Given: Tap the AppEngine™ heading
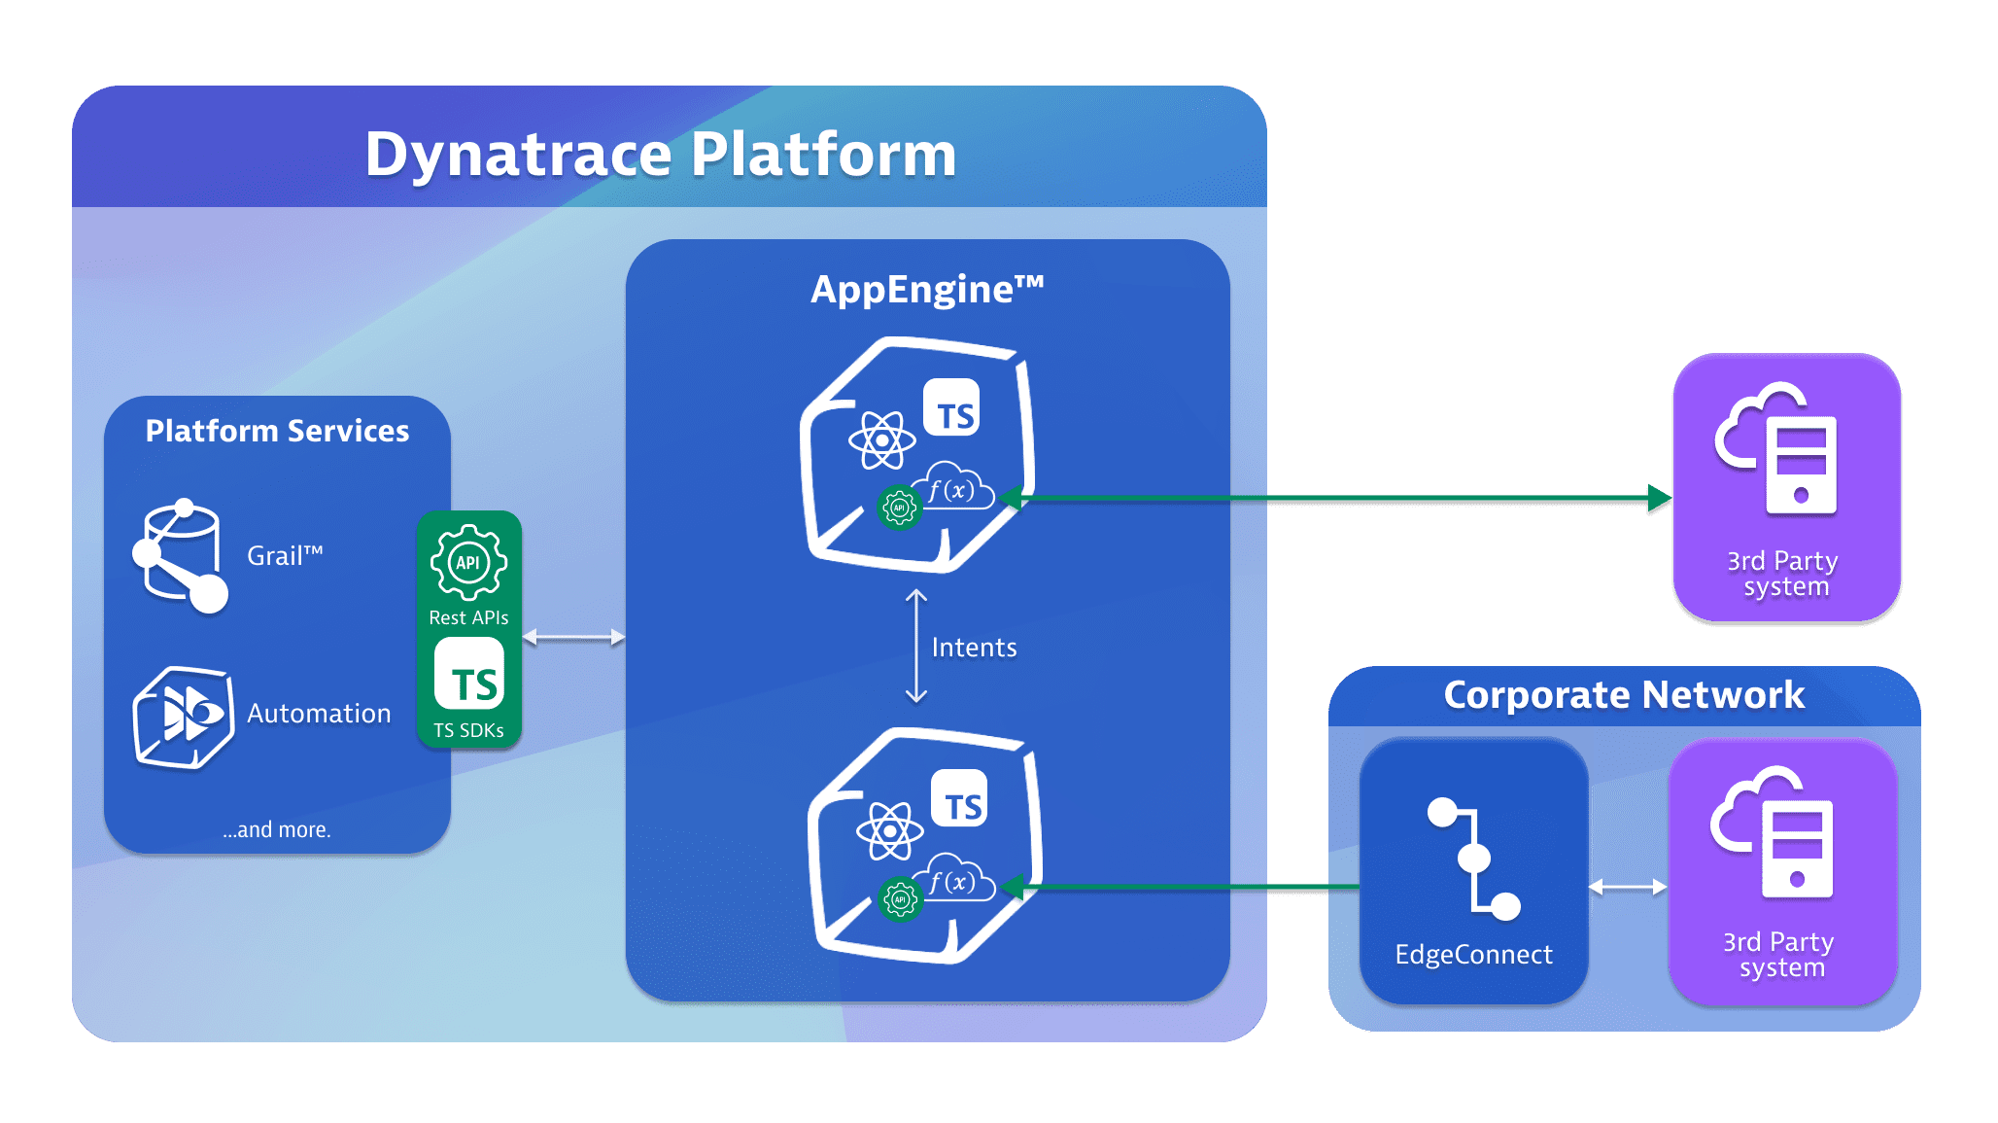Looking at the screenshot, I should pos(927,290).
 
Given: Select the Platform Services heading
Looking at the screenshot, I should pos(277,431).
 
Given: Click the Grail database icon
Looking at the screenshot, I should pos(181,556).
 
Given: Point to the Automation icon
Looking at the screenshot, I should pos(183,718).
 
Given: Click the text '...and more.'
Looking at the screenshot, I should pos(277,829).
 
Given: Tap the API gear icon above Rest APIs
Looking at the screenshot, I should pos(468,562).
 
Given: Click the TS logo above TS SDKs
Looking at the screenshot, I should pos(469,675).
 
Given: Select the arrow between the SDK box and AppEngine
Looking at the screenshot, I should pos(573,638).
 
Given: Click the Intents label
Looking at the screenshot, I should pos(974,648).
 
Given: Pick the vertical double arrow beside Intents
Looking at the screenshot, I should pos(916,646).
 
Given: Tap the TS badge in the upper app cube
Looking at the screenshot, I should pos(951,408).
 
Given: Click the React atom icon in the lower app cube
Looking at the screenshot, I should pos(889,831).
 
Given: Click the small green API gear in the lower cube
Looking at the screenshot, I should pos(900,899).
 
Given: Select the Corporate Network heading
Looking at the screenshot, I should pos(1624,695).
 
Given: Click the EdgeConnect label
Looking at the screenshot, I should pos(1473,955).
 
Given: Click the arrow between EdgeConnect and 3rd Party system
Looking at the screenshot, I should pos(1628,887).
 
